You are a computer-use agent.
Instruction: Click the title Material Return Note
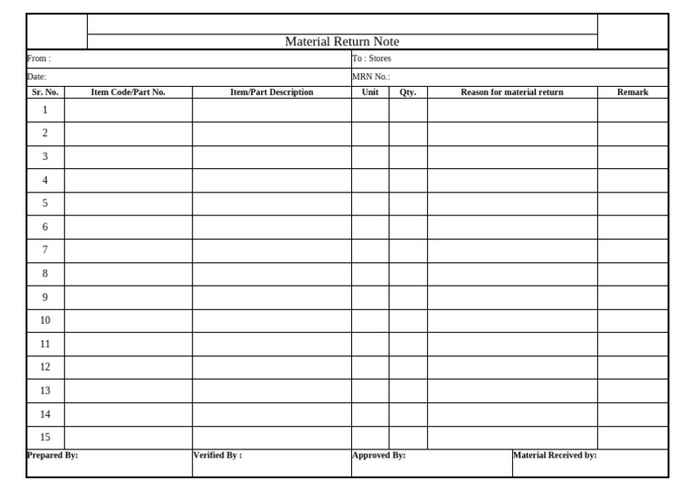point(342,42)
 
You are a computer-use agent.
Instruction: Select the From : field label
point(39,59)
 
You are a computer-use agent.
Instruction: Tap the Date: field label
point(37,77)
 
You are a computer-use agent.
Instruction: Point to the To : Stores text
point(372,59)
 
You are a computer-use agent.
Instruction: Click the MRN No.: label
point(371,77)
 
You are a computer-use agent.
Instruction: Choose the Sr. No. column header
point(45,92)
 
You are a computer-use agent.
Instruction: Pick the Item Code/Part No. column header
point(129,92)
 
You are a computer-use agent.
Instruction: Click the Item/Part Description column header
point(271,92)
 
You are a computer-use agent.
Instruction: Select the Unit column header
point(370,92)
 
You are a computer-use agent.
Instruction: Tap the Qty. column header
point(408,92)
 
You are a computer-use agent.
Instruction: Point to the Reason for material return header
point(512,92)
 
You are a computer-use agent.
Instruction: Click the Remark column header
point(633,92)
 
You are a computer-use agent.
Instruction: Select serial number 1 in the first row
point(45,109)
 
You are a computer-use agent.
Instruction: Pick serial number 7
point(45,250)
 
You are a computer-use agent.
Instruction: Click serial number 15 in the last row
point(45,438)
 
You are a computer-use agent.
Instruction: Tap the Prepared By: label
point(52,456)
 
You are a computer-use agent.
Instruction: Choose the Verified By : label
point(217,456)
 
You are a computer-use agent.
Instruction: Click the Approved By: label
point(378,456)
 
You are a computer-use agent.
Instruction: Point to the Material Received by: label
point(555,456)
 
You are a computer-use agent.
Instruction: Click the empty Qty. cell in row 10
point(408,320)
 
